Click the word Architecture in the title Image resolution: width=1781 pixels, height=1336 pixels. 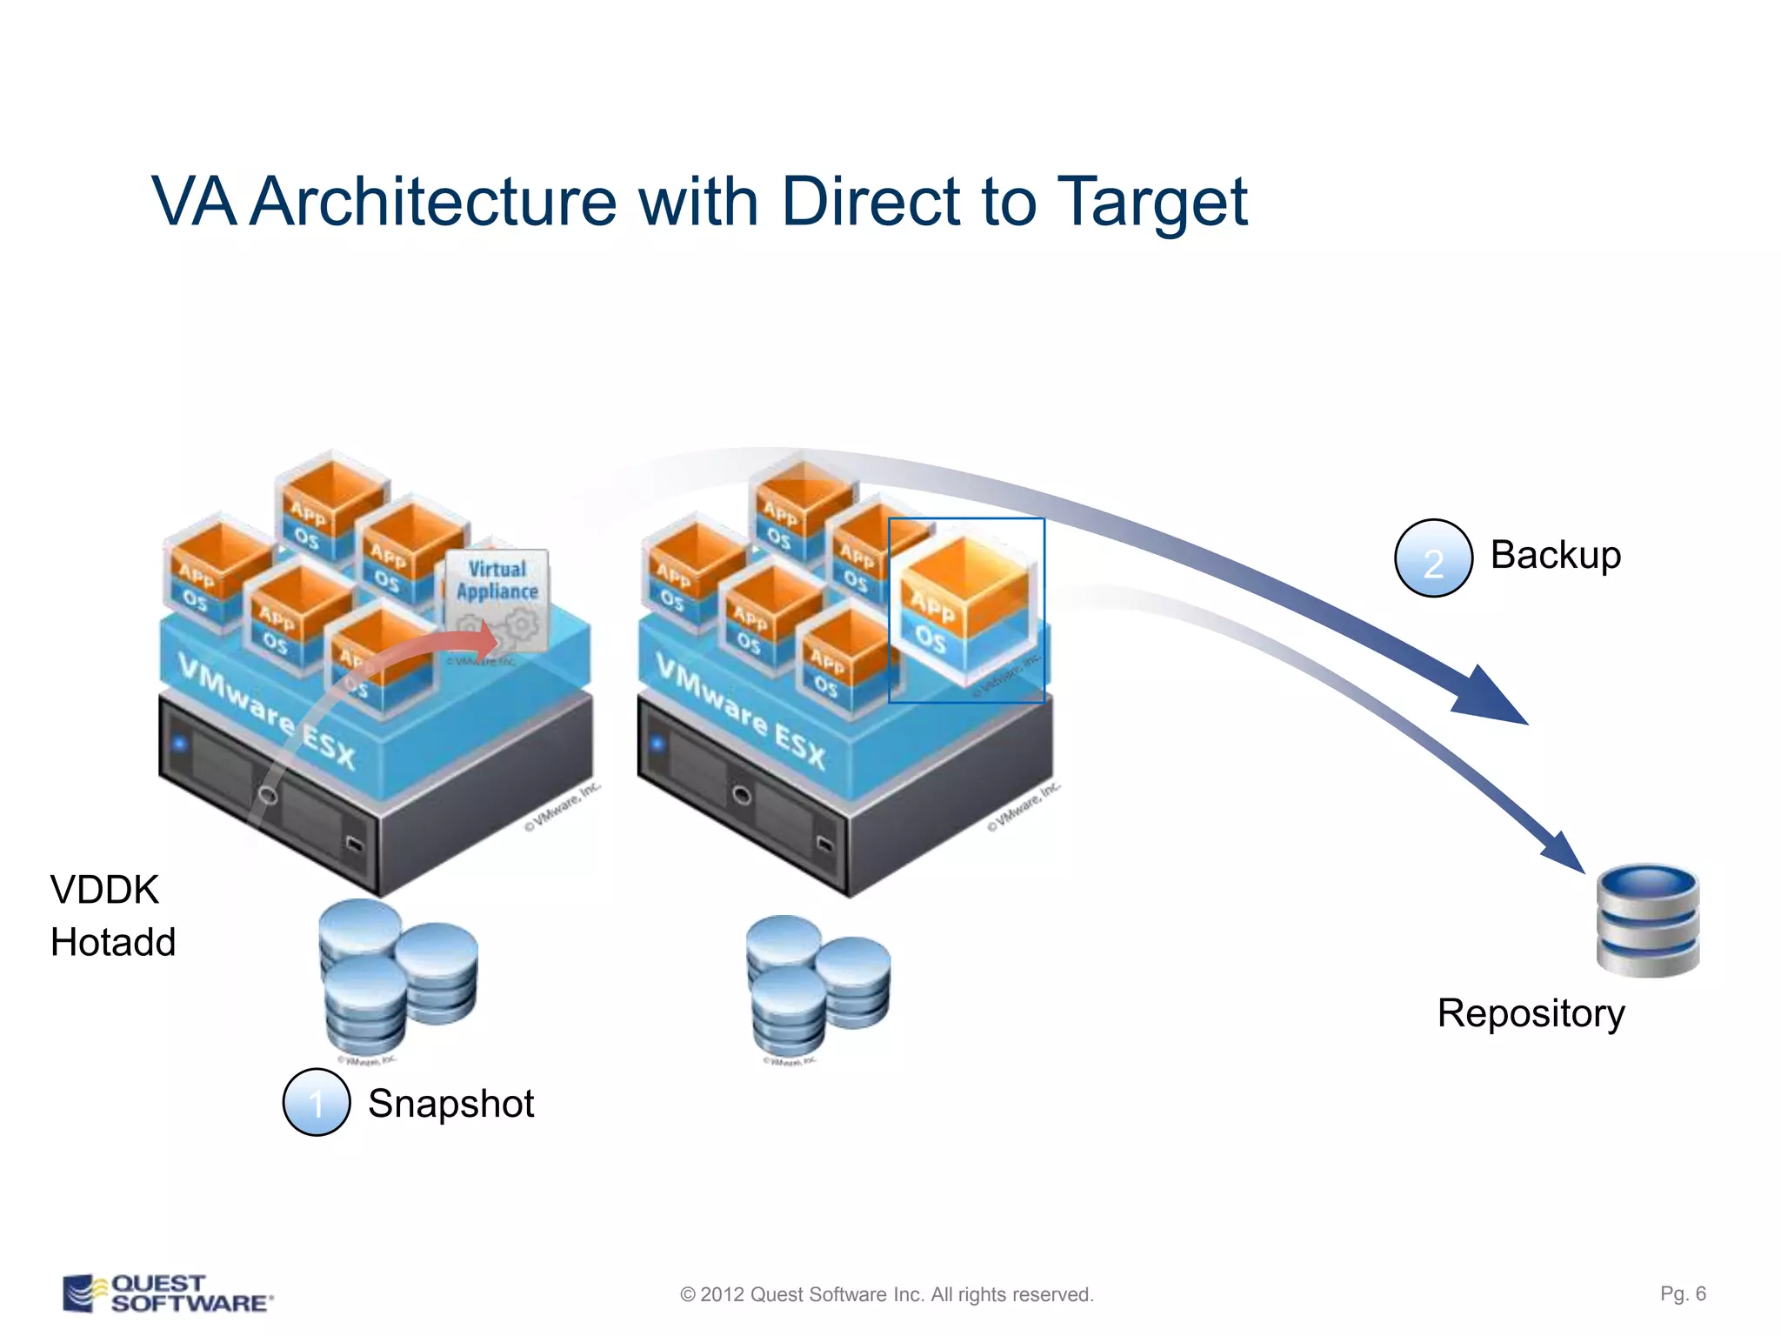[432, 203]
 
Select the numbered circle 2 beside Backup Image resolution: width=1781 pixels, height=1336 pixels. [1432, 558]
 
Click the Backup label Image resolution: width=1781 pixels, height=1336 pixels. [1555, 555]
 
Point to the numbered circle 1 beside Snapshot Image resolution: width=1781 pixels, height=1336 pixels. [317, 1102]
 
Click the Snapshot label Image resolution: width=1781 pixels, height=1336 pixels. [450, 1103]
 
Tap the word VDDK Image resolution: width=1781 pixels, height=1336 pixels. [104, 890]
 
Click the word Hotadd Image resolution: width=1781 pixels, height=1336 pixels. [113, 942]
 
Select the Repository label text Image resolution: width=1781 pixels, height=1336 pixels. [1531, 1013]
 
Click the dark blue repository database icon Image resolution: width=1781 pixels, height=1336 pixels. [1647, 920]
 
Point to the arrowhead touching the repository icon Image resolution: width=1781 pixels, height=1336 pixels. [1565, 853]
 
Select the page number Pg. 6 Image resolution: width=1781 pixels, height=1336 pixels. [1683, 1293]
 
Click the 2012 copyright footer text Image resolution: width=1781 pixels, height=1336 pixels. [886, 1294]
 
